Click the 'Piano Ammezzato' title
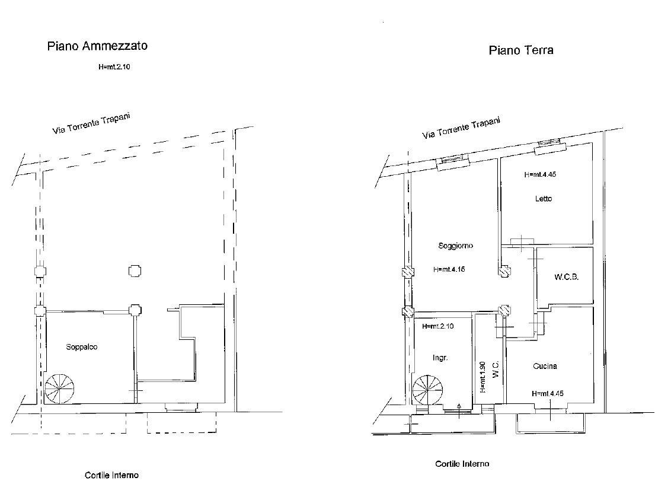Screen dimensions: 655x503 pos(97,46)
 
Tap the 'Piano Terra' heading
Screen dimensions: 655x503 pos(521,50)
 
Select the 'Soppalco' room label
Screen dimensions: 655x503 pos(81,347)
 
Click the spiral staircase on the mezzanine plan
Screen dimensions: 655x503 pos(60,389)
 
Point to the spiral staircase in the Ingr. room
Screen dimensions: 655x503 pos(427,390)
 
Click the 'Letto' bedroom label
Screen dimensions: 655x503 pos(543,199)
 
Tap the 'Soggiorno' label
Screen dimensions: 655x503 pos(455,246)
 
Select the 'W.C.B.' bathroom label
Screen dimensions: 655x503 pos(566,277)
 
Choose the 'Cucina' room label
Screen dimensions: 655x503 pos(545,366)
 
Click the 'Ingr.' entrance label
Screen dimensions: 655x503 pos(439,358)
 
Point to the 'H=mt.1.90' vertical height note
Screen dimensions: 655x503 pos(484,377)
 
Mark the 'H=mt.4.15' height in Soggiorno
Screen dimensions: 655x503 pos(449,269)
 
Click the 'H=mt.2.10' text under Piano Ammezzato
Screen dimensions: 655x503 pos(114,67)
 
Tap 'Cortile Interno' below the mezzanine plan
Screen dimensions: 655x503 pos(111,475)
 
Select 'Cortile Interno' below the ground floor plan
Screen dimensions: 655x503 pos(462,464)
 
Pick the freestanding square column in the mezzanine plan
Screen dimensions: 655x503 pos(135,270)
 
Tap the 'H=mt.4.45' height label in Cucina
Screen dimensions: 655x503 pos(547,393)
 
